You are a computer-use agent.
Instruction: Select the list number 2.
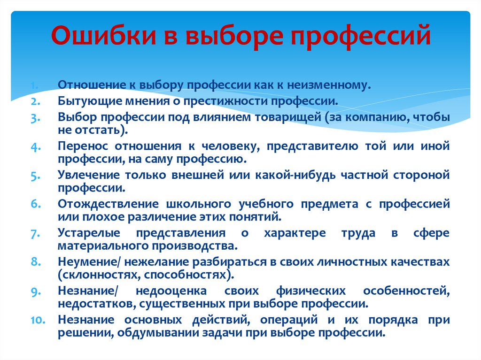pyautogui.click(x=35, y=101)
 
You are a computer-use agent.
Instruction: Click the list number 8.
pyautogui.click(x=35, y=262)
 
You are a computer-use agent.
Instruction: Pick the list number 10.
pyautogui.click(x=38, y=320)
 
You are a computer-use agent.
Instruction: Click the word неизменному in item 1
pyautogui.click(x=329, y=85)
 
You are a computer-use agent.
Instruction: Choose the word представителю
pyautogui.click(x=312, y=146)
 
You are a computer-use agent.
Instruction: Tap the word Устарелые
pyautogui.click(x=89, y=234)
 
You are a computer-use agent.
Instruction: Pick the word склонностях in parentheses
pyautogui.click(x=100, y=275)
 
